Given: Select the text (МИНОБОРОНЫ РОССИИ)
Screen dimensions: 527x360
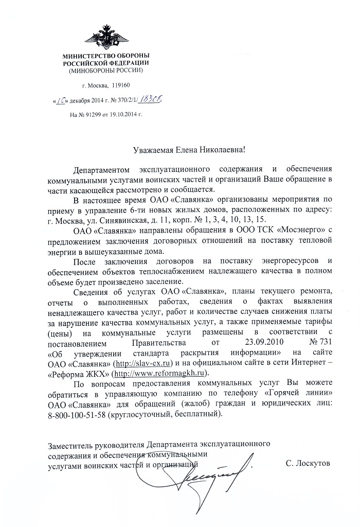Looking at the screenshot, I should (106, 70).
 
